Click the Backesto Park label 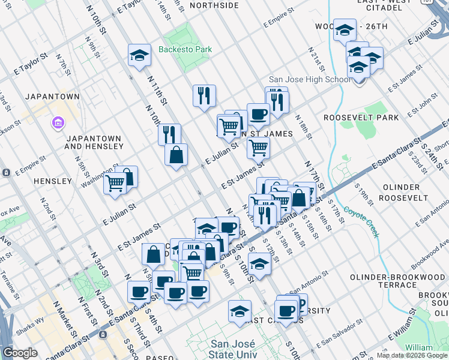[185, 49]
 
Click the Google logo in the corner [20, 353]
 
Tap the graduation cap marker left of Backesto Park [139, 56]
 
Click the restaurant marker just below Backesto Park [204, 95]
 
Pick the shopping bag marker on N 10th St [176, 155]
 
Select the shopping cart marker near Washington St [115, 183]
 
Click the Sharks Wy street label [31, 321]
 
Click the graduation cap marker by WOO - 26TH [345, 29]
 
